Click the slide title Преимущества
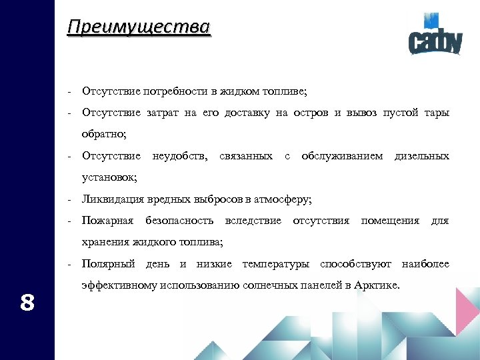(139, 27)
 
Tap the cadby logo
(435, 40)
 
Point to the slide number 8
(27, 303)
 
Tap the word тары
(437, 113)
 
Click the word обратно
(103, 134)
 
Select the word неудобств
(179, 156)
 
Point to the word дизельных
(422, 156)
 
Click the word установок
(109, 177)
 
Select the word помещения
(390, 221)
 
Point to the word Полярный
(107, 264)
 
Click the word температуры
(277, 264)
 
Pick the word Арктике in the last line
(381, 285)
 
